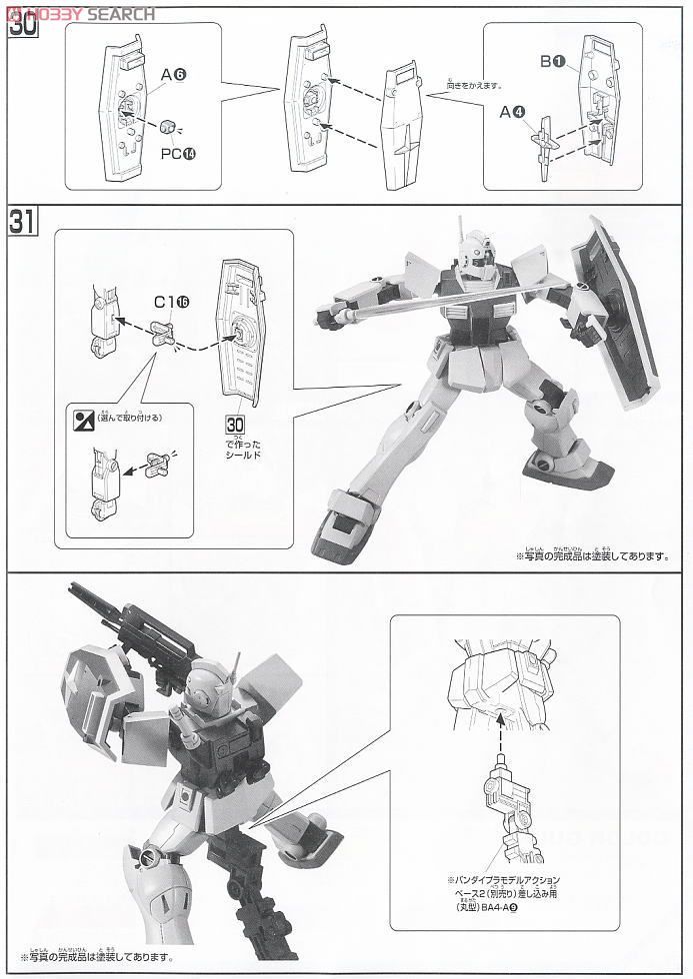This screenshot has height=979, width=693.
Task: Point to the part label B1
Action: coord(553,62)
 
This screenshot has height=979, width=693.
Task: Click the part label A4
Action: coord(513,112)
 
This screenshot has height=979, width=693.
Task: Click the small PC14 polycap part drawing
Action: coord(168,125)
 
